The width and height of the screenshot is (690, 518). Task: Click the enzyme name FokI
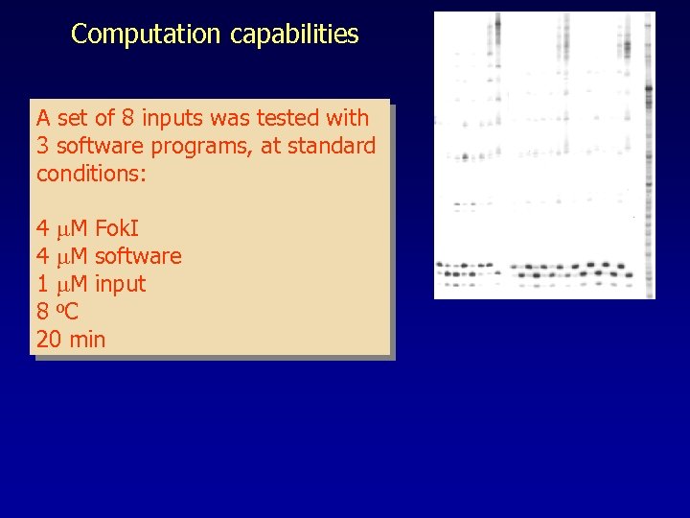click(117, 229)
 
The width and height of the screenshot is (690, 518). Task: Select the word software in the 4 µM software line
click(138, 257)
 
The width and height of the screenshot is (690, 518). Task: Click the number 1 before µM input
click(42, 285)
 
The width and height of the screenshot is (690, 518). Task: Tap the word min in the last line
click(87, 340)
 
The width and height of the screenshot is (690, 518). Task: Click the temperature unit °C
click(67, 312)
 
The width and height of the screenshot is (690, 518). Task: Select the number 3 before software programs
click(42, 147)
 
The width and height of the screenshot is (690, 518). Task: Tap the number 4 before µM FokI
click(42, 229)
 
